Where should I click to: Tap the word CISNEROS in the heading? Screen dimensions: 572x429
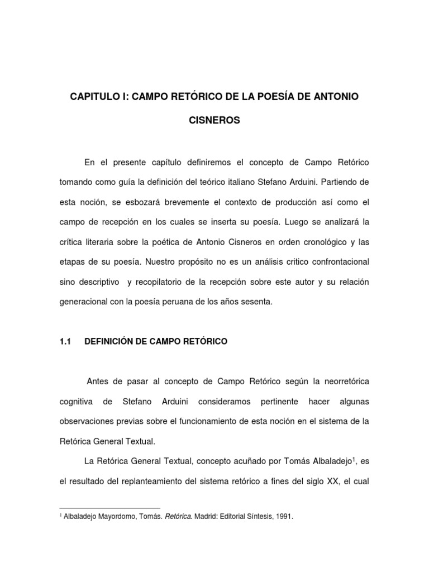(x=214, y=121)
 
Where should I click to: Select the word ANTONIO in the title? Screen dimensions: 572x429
(x=339, y=97)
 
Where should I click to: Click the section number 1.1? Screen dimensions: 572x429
(x=65, y=341)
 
